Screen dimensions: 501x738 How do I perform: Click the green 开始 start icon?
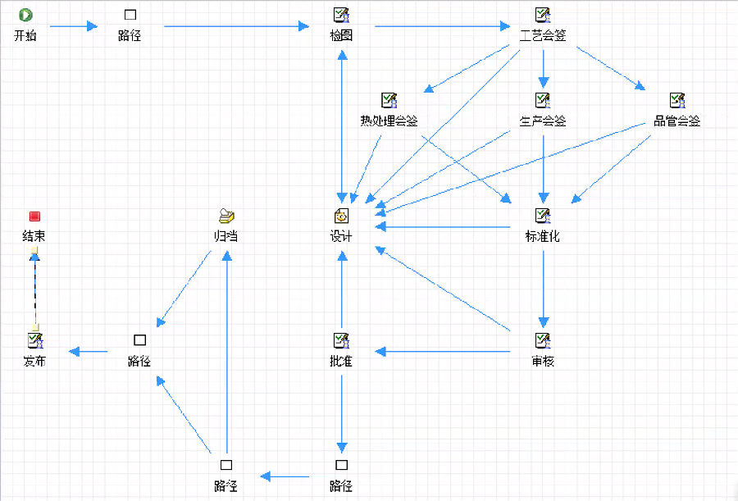(x=25, y=15)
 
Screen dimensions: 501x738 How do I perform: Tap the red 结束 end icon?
(x=34, y=216)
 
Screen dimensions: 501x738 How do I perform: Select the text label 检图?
(x=341, y=35)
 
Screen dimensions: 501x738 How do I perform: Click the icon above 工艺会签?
(x=543, y=15)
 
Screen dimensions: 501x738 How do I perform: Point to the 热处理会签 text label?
(x=389, y=121)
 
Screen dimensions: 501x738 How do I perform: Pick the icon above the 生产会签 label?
(x=543, y=100)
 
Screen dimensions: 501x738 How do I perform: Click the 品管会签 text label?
(x=676, y=121)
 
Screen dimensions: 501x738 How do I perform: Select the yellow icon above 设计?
(x=341, y=216)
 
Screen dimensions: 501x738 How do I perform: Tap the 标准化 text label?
(x=543, y=237)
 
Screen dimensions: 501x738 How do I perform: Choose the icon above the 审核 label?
(x=543, y=339)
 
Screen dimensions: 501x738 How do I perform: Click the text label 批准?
(x=341, y=361)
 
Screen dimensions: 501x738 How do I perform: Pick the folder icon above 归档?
(x=227, y=216)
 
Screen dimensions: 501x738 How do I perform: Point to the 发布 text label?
(x=34, y=361)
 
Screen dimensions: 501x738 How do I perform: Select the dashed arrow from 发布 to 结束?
(x=34, y=287)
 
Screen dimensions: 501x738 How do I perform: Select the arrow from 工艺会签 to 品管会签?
(x=611, y=67)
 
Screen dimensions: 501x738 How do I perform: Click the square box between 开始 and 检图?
(x=130, y=15)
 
